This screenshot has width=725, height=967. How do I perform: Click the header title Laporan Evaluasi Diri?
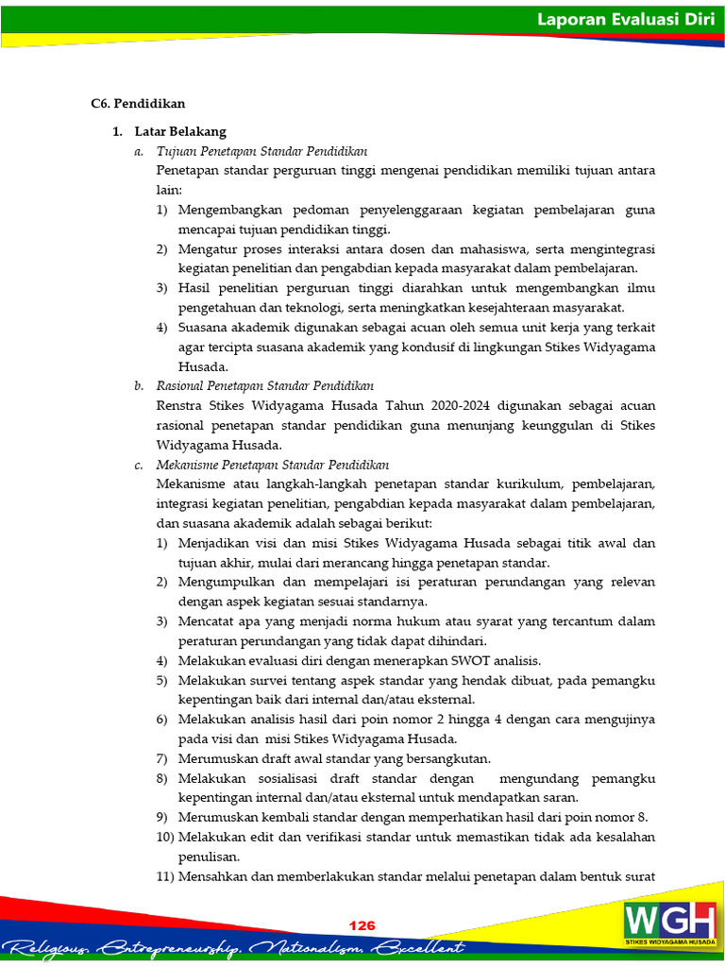[x=625, y=19]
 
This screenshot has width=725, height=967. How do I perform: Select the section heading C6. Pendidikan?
[x=138, y=103]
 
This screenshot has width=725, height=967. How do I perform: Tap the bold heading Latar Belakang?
[x=180, y=131]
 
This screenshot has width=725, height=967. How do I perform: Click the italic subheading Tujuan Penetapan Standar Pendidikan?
[x=261, y=151]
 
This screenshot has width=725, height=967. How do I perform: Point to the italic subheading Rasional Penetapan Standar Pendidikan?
[x=264, y=386]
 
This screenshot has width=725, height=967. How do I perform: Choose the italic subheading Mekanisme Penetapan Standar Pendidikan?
[x=272, y=465]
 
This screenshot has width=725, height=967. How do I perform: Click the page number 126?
[x=362, y=925]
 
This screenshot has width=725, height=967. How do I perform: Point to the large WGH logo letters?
[x=669, y=919]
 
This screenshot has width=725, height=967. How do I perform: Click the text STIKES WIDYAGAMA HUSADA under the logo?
[x=669, y=942]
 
